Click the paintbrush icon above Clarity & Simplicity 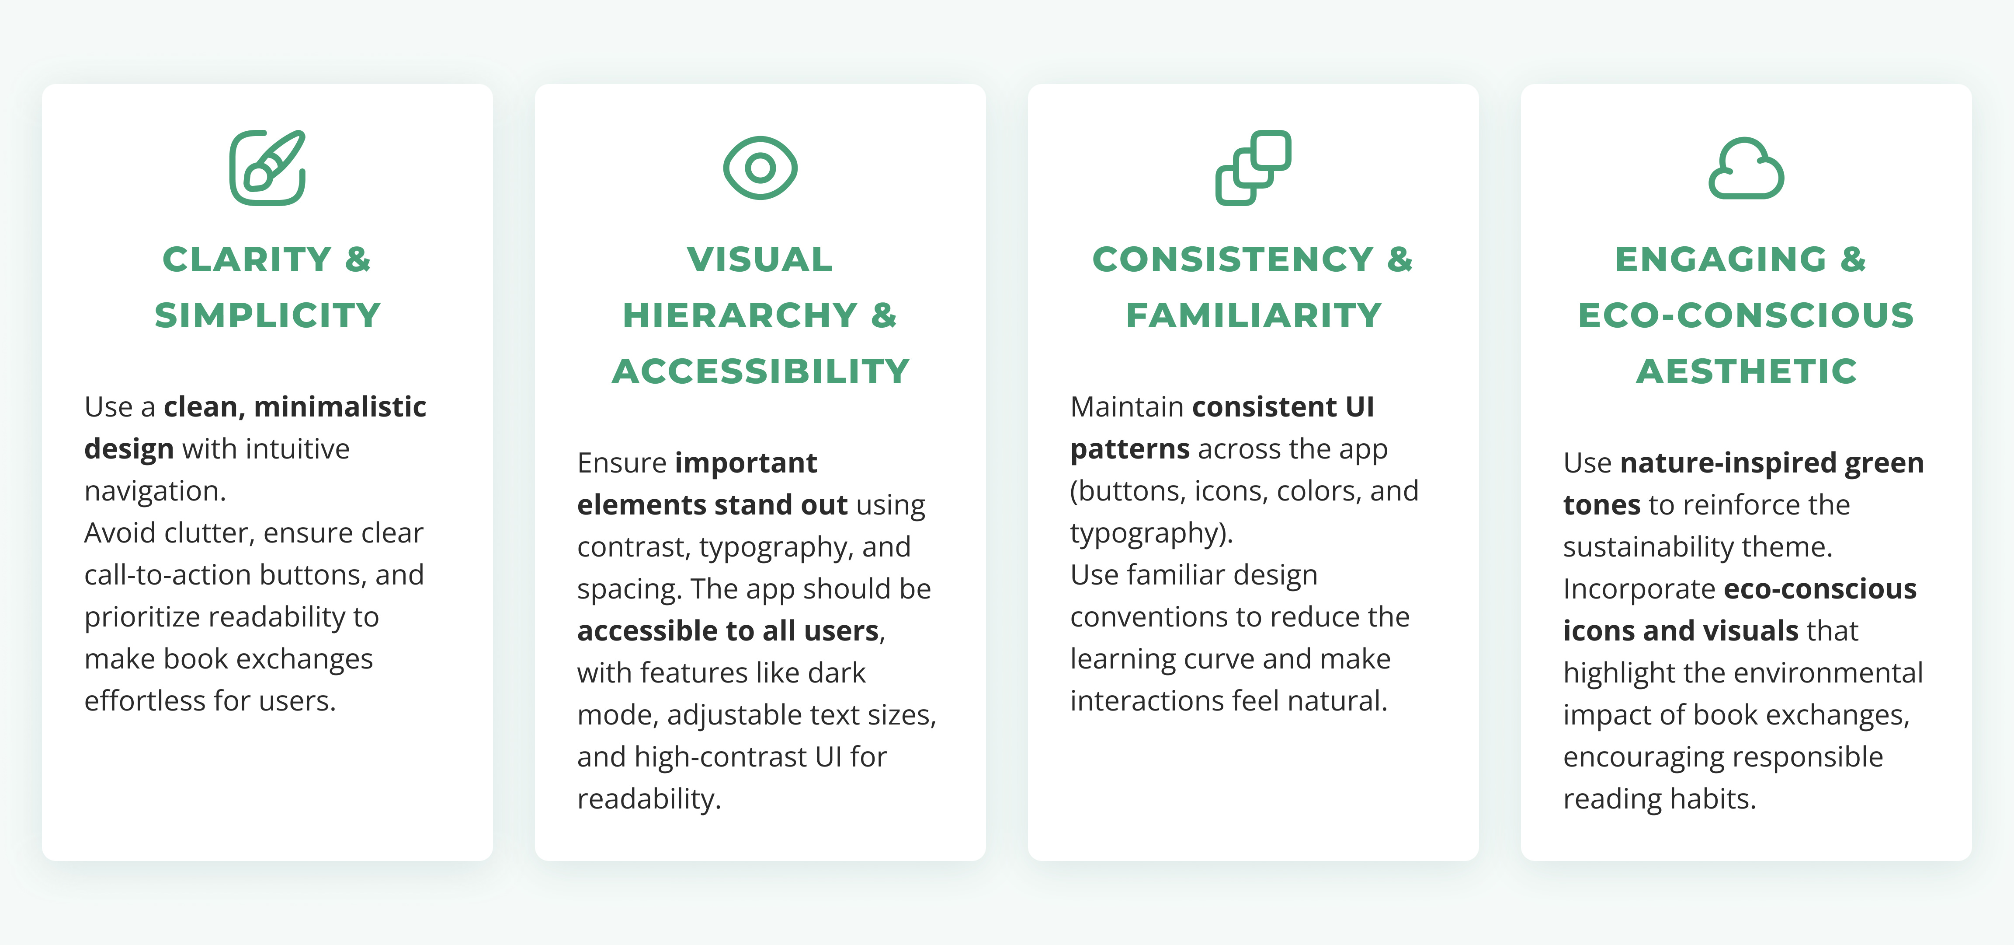[x=267, y=168]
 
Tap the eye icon [x=760, y=168]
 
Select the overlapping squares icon [x=1253, y=168]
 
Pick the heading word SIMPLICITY [x=267, y=315]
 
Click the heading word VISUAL [x=760, y=260]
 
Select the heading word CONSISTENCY [x=1233, y=260]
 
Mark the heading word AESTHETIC [x=1747, y=371]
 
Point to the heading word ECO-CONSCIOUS [x=1746, y=315]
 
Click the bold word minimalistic [x=340, y=407]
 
